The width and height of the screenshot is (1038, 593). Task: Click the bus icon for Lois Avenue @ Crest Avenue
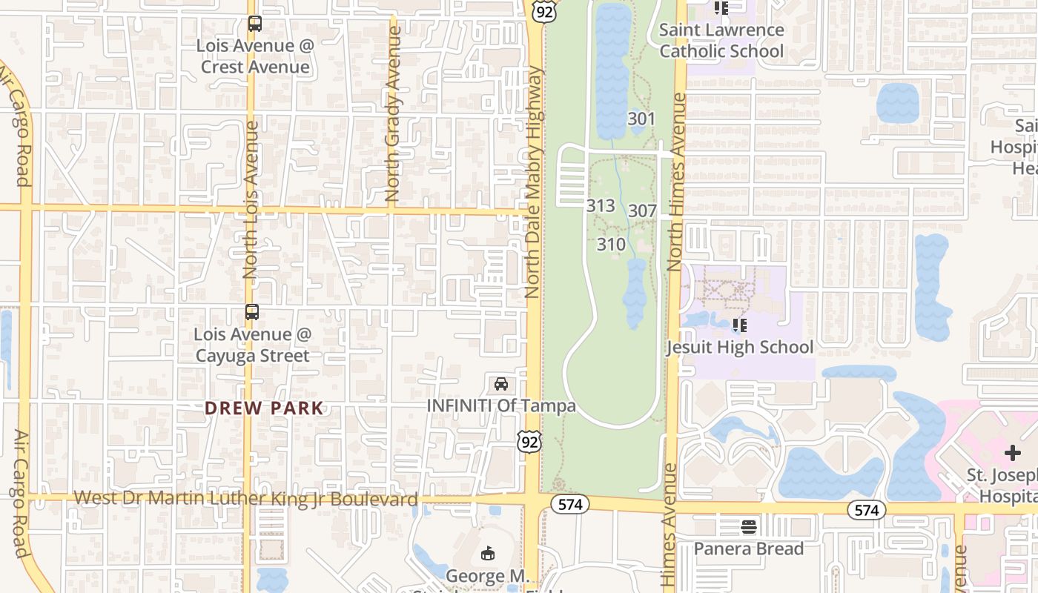coord(255,24)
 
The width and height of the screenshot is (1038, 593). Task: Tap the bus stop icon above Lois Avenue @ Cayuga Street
coord(252,312)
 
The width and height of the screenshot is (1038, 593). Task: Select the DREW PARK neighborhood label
coord(264,408)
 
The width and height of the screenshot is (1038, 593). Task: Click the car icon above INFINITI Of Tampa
coord(501,384)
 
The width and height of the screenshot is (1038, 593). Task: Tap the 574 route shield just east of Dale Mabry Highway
coord(569,504)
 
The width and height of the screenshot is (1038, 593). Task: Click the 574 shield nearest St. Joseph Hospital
coord(866,510)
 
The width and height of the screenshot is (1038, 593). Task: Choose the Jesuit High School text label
coord(739,347)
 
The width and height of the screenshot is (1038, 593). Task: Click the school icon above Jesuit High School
coord(739,325)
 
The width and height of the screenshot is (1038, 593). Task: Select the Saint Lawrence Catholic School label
coord(721,41)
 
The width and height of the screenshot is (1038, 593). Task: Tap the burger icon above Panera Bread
coord(749,527)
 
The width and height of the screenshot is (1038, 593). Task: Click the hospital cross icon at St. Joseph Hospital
coord(1013,453)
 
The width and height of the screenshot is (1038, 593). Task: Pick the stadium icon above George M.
coord(488,554)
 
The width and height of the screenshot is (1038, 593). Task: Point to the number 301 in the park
coord(641,119)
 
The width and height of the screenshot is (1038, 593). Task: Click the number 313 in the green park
coord(601,205)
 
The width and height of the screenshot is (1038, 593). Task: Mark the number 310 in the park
coord(611,244)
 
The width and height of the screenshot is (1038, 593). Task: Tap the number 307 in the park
coord(642,211)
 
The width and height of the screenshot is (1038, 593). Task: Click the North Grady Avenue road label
coord(394,115)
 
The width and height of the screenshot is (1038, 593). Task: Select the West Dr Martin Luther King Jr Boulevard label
coord(246,499)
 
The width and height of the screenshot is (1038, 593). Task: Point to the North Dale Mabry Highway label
coord(533,182)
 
